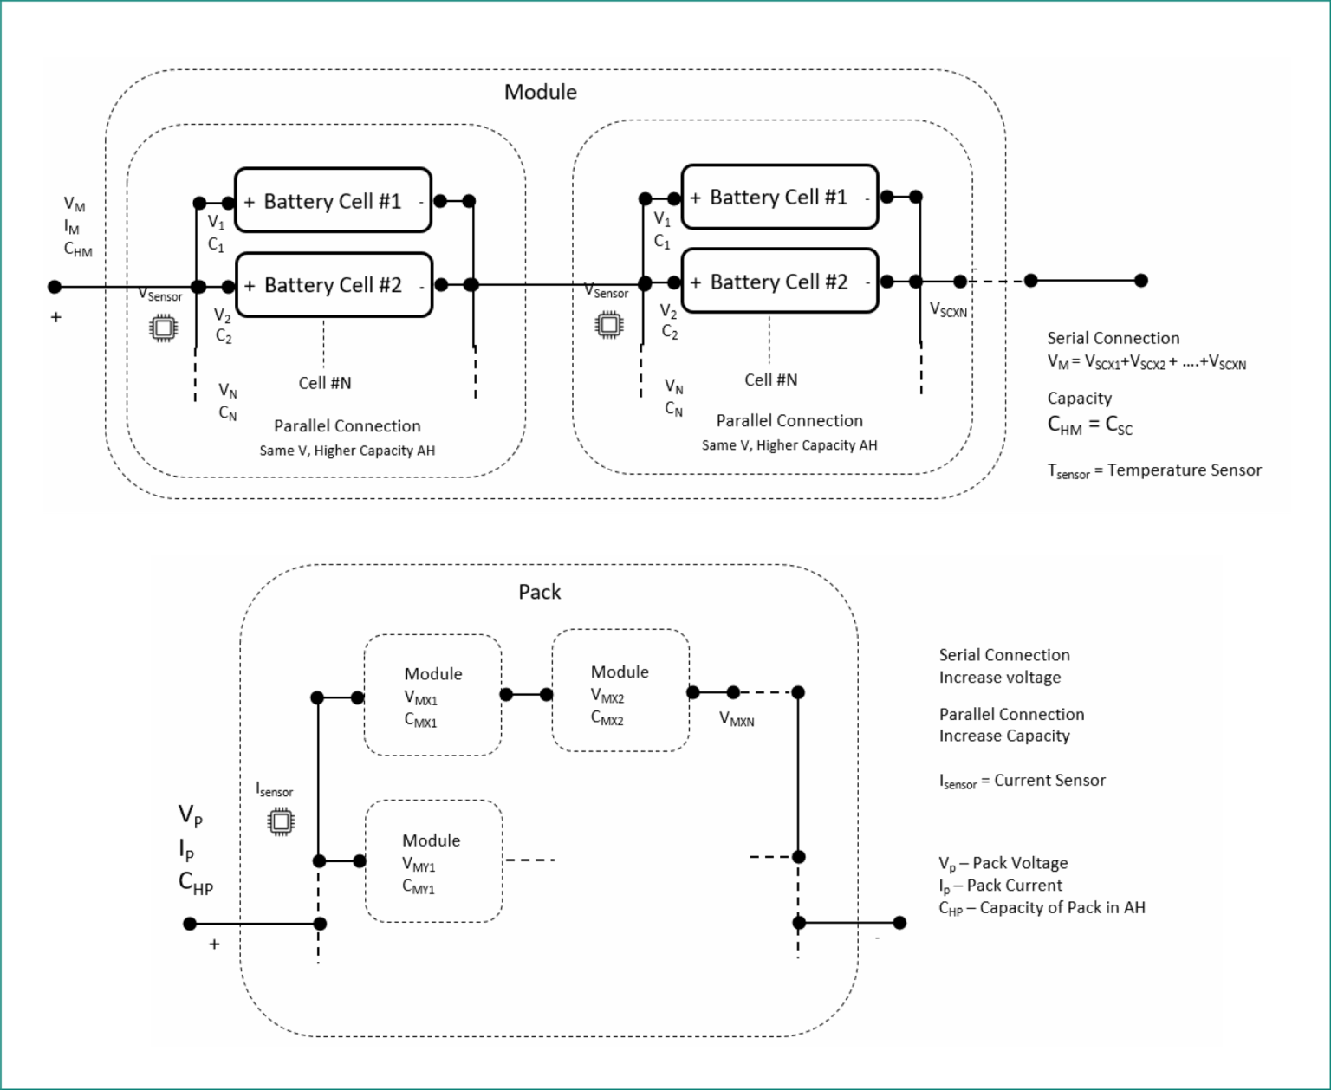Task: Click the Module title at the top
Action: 540,92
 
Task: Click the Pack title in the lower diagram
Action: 539,592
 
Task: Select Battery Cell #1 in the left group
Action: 333,201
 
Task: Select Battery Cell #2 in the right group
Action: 779,282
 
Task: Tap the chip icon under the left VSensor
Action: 163,328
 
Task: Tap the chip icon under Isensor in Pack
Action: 280,821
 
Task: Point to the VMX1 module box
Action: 432,696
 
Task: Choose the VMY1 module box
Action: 433,862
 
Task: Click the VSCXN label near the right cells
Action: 948,310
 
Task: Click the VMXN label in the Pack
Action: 737,719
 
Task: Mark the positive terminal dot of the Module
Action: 55,287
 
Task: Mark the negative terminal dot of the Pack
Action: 899,923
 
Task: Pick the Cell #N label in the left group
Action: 325,383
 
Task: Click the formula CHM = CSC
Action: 1089,425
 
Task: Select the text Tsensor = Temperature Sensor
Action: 1153,470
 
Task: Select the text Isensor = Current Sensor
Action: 1022,781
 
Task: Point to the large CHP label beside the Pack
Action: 195,882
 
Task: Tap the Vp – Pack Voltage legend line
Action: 1003,863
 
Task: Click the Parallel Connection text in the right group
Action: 789,421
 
